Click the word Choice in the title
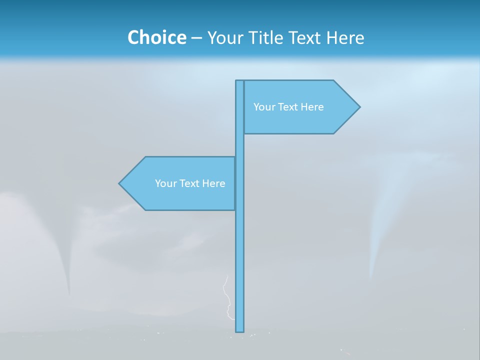point(156,37)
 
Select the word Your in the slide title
point(224,37)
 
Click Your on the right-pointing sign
point(263,107)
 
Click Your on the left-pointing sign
point(165,183)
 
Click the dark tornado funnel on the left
point(66,260)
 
